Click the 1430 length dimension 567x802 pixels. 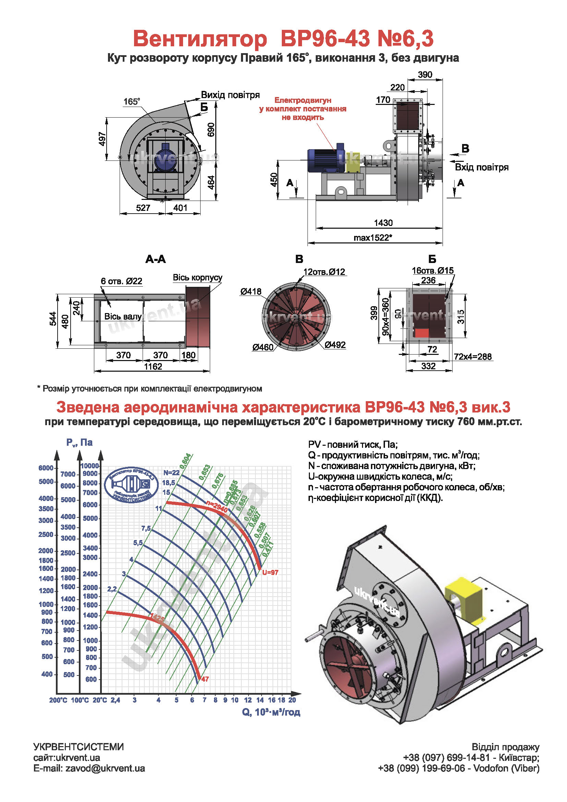[x=383, y=223]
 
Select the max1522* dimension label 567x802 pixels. [x=373, y=238]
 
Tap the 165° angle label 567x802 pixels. [x=131, y=101]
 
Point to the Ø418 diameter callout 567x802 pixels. [x=250, y=291]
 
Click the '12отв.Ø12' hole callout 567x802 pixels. [x=324, y=272]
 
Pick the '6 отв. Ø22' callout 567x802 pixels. [x=121, y=281]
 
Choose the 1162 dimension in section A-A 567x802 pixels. [x=153, y=367]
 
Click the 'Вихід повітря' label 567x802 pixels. [x=230, y=95]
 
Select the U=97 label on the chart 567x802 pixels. [x=270, y=572]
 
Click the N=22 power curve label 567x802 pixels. [x=171, y=472]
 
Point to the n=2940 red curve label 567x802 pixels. [x=217, y=506]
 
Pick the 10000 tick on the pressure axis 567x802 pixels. [x=90, y=466]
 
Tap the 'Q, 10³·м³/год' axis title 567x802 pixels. [x=271, y=712]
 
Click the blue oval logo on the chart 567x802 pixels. [x=131, y=484]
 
